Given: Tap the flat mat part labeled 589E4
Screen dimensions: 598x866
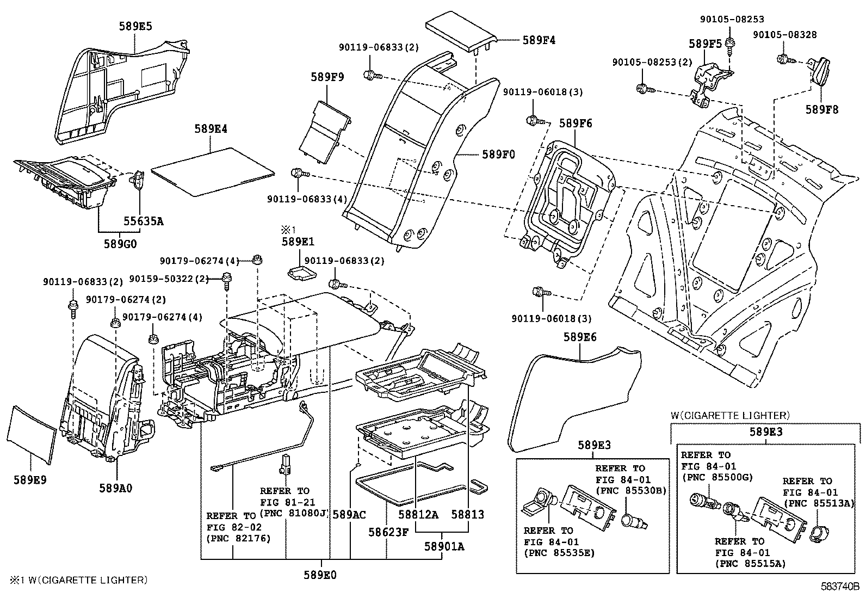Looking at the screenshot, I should pyautogui.click(x=212, y=171).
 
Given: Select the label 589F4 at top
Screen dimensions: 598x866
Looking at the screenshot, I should pyautogui.click(x=539, y=40).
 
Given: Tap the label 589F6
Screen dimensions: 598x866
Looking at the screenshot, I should pyautogui.click(x=575, y=124).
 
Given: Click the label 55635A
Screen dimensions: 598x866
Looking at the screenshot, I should pyautogui.click(x=143, y=221).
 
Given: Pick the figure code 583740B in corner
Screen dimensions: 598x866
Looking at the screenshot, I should pyautogui.click(x=839, y=587).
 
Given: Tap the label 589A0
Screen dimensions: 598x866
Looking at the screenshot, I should pyautogui.click(x=116, y=488).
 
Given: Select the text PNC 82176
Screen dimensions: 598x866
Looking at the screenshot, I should pyautogui.click(x=238, y=538).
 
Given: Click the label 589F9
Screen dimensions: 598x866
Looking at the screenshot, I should pyautogui.click(x=327, y=77).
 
